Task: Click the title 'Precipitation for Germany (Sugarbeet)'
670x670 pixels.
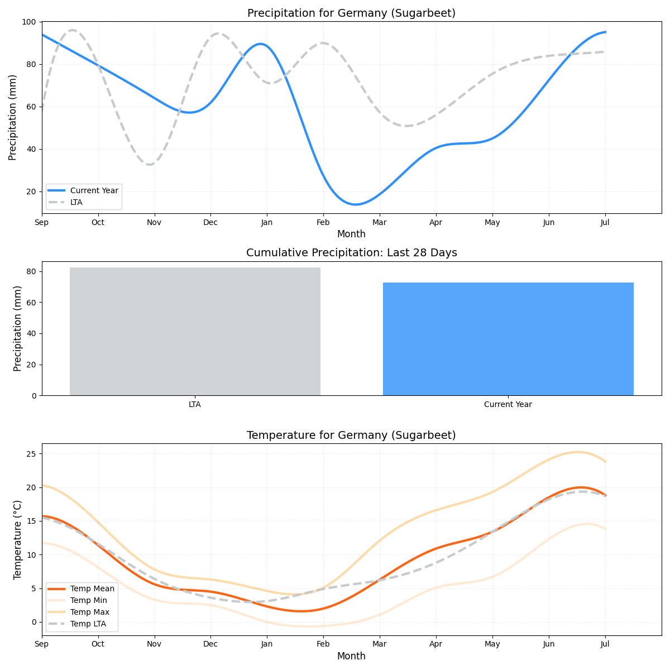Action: [x=351, y=13]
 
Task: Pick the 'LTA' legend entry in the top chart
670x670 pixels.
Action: [x=76, y=202]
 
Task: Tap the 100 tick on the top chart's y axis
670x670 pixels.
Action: [x=28, y=22]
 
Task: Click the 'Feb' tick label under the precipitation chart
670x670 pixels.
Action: [x=323, y=223]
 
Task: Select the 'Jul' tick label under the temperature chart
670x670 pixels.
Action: [x=605, y=645]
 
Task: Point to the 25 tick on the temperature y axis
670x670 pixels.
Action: [x=31, y=454]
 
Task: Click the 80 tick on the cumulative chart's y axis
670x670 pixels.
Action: [x=31, y=272]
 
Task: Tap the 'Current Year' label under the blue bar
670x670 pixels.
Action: [x=508, y=405]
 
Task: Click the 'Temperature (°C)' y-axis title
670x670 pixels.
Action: [x=18, y=539]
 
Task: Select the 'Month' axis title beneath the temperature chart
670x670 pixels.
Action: [x=351, y=657]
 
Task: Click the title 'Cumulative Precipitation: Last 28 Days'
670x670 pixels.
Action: [x=351, y=253]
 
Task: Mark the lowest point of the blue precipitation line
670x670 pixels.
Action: [x=356, y=204]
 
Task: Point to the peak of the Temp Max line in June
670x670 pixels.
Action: [x=577, y=452]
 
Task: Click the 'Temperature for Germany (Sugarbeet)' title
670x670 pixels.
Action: [x=351, y=435]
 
